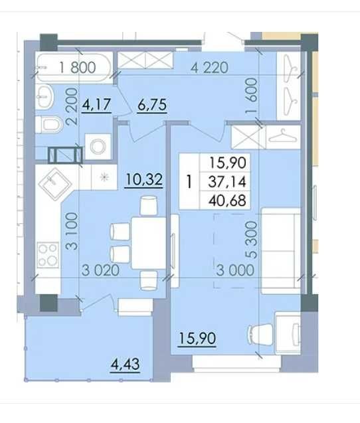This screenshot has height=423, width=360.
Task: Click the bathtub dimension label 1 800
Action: point(78,68)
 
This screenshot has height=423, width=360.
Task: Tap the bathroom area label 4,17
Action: point(96,105)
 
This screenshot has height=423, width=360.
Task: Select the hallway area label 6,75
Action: point(152,105)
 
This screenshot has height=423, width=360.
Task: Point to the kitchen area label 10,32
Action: point(144,179)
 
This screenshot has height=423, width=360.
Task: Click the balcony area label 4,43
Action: point(126,364)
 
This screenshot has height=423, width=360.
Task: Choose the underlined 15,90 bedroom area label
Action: point(197,338)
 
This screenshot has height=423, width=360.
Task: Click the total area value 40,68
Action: point(227,201)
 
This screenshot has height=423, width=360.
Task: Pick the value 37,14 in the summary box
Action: point(227,182)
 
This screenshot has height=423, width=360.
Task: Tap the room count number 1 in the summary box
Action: point(189,182)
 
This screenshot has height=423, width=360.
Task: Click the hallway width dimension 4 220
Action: point(209,68)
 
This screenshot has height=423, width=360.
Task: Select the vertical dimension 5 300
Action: point(251,240)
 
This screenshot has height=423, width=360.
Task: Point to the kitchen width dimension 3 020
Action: point(100,270)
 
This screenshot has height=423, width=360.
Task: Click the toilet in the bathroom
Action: point(49,125)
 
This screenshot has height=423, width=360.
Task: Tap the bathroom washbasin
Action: point(45,96)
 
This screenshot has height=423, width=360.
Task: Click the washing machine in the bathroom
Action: point(98,147)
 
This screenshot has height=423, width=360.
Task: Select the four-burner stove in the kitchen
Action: point(48,255)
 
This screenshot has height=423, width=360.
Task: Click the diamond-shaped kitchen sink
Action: point(55,184)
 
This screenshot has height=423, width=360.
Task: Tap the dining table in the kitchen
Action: point(148,243)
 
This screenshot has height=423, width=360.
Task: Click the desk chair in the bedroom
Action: point(260,334)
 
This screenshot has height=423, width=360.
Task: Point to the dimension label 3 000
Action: point(235,270)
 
